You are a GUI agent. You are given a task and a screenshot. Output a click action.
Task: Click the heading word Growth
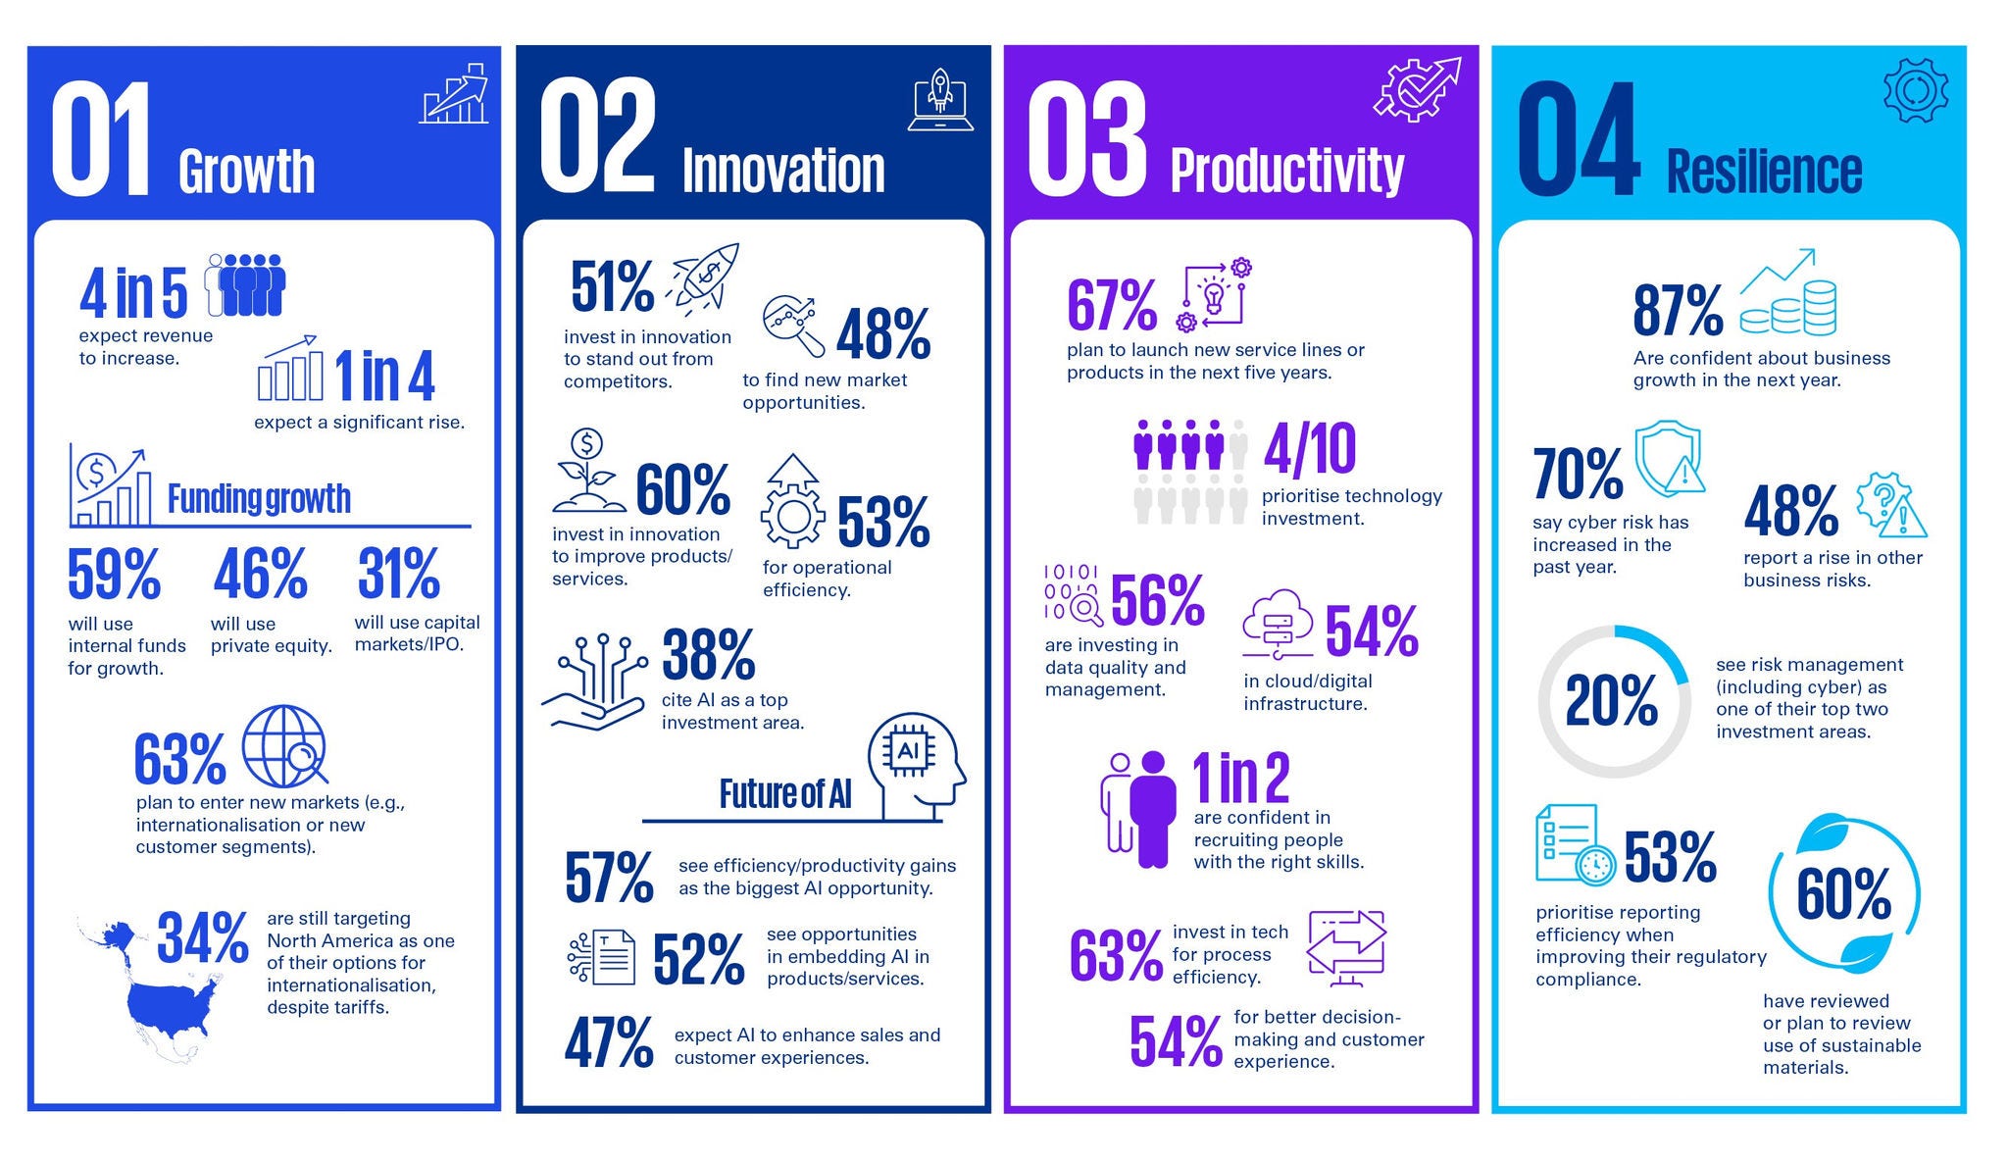[x=247, y=173]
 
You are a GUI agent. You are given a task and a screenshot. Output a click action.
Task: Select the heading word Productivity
[x=1287, y=173]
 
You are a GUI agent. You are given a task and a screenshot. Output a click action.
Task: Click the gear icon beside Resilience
[x=1915, y=90]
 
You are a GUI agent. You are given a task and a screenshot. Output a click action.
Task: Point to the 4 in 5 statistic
[x=133, y=293]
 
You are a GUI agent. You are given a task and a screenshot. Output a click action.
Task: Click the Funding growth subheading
[x=259, y=499]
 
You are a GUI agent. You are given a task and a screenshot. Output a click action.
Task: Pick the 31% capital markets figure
[x=399, y=574]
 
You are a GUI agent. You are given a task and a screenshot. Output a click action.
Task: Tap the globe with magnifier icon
[x=284, y=744]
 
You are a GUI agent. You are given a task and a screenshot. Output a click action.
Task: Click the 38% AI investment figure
[x=708, y=655]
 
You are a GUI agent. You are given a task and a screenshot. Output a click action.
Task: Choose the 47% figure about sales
[x=609, y=1042]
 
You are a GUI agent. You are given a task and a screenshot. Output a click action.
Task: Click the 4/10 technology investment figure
[x=1310, y=449]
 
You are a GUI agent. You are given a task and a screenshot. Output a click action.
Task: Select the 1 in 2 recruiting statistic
[x=1240, y=778]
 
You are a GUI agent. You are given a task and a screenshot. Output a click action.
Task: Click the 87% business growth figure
[x=1678, y=311]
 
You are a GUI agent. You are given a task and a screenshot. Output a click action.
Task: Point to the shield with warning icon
[x=1669, y=460]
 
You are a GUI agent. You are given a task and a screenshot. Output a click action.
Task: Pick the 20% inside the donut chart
[x=1611, y=701]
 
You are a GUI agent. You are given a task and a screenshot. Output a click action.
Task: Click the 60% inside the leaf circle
[x=1843, y=893]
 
